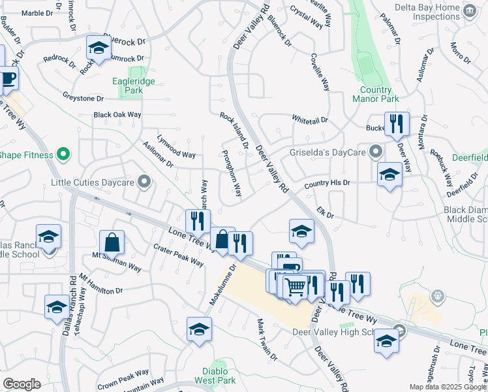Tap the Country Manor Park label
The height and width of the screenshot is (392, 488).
(379, 95)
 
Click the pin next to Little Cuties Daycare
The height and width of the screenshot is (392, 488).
(144, 181)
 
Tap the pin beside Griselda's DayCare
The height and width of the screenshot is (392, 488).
(375, 153)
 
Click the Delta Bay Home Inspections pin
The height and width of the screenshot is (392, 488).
(469, 10)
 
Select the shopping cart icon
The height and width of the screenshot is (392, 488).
(296, 286)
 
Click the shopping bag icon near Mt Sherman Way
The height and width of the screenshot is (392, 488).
(112, 242)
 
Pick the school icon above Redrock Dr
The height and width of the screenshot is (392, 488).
(99, 48)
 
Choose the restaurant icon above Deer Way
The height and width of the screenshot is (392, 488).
(396, 123)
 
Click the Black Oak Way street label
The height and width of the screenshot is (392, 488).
(117, 115)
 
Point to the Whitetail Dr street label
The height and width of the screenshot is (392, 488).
(310, 120)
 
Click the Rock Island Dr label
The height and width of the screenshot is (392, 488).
(234, 130)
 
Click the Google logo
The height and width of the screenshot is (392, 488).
(22, 384)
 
